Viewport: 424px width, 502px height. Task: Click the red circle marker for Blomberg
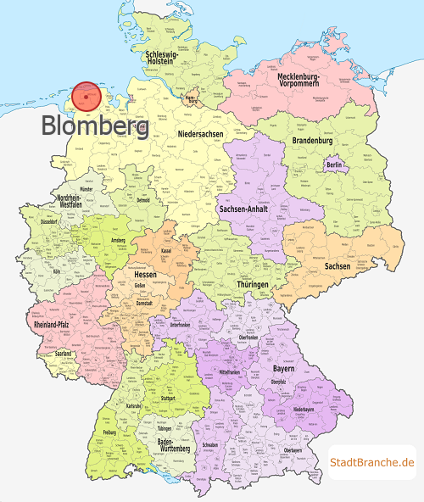[x=85, y=97]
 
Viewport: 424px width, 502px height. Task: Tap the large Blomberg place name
[x=95, y=126]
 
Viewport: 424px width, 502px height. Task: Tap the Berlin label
[x=335, y=164]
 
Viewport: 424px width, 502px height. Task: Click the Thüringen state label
[x=255, y=286]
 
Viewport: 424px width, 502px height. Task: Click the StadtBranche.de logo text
[x=372, y=462]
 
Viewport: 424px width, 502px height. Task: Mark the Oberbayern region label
[x=292, y=449]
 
